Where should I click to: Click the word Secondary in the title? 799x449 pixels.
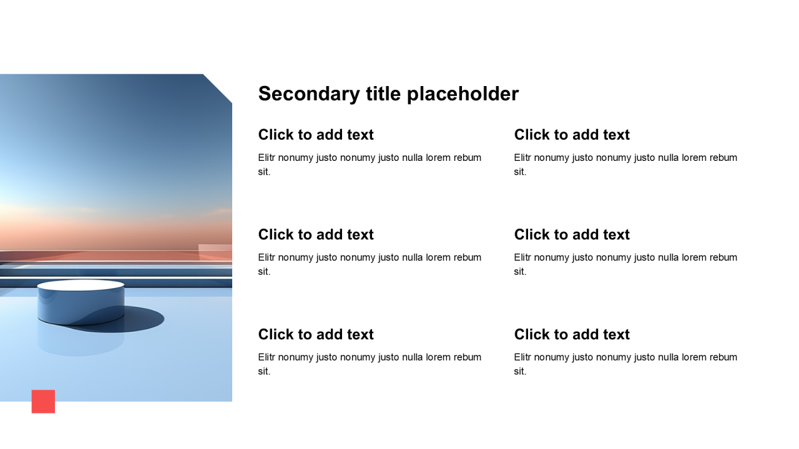(309, 94)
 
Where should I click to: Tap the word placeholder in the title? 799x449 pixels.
(463, 94)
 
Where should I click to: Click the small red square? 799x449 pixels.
(43, 402)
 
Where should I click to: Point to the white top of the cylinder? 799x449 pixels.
(81, 286)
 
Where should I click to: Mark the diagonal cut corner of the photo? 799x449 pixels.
(218, 89)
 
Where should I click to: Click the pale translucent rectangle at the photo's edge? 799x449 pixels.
(215, 253)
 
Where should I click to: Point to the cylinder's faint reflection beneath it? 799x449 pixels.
(81, 342)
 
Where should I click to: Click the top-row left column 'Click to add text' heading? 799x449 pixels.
(316, 135)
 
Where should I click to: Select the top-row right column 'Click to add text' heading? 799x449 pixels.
(572, 135)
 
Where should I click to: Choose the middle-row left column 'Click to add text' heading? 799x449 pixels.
(316, 234)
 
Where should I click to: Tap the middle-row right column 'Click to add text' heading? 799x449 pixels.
(572, 234)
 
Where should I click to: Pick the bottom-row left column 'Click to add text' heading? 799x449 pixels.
(316, 334)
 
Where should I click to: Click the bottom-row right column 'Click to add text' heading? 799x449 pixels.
(572, 334)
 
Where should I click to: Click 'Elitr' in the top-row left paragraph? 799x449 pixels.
(267, 158)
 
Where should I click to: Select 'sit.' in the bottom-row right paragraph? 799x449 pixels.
(520, 371)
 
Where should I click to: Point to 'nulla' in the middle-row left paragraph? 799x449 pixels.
(413, 258)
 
